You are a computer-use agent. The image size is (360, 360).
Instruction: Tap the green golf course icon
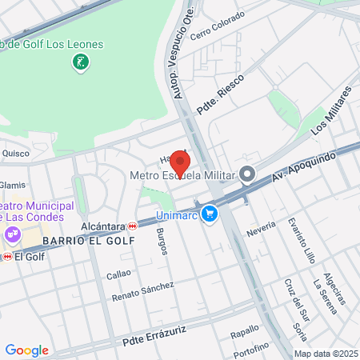click(80, 62)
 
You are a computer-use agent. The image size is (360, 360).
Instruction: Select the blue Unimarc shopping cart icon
click(210, 214)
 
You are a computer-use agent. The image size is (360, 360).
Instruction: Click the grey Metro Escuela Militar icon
click(247, 174)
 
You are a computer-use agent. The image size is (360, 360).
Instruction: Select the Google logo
click(26, 350)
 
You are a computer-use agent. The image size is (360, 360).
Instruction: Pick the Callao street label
click(118, 274)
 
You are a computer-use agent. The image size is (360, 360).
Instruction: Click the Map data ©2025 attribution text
click(326, 354)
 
